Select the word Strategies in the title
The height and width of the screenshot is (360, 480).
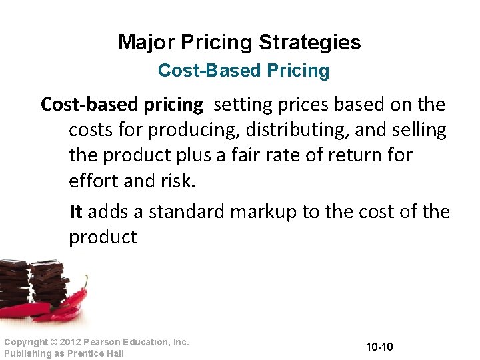click(x=310, y=43)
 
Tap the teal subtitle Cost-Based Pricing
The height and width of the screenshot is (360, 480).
click(x=243, y=71)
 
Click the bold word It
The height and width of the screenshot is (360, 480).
click(x=76, y=212)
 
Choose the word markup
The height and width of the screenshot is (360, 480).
click(x=263, y=212)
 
